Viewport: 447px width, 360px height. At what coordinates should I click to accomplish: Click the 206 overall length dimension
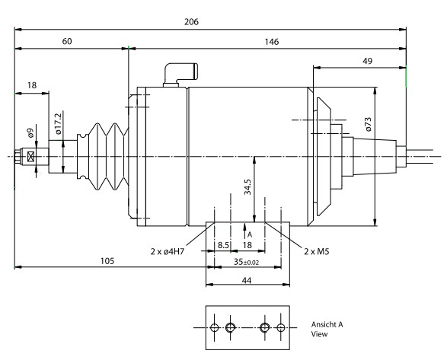(x=191, y=22)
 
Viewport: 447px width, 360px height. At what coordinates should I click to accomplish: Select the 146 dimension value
(x=271, y=42)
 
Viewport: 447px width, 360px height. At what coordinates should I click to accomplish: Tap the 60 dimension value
(x=67, y=41)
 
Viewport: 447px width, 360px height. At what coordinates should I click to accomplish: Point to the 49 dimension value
(x=367, y=61)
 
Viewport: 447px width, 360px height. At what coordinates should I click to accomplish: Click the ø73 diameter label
(x=368, y=124)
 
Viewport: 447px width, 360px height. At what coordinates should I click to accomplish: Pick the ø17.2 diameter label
(x=58, y=123)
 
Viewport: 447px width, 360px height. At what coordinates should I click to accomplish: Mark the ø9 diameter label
(x=30, y=133)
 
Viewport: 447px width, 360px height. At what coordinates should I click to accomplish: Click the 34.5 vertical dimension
(x=247, y=187)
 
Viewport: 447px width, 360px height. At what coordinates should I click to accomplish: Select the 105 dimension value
(x=107, y=261)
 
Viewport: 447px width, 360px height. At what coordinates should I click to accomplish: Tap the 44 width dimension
(x=247, y=281)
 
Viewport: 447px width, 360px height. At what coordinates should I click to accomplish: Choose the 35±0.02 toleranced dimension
(x=246, y=262)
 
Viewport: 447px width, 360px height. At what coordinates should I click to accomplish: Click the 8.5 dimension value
(x=223, y=245)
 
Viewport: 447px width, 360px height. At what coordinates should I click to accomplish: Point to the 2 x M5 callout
(x=317, y=251)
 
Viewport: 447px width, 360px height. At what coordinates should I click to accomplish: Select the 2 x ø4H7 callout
(x=168, y=252)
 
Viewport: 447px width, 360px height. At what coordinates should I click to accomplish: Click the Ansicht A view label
(x=327, y=325)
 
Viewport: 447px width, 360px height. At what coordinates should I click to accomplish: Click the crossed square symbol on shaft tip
(x=30, y=157)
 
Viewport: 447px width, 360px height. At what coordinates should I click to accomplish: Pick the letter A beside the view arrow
(x=250, y=235)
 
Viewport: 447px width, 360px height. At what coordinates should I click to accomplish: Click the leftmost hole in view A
(x=214, y=328)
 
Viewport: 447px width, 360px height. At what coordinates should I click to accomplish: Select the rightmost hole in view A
(x=281, y=328)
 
